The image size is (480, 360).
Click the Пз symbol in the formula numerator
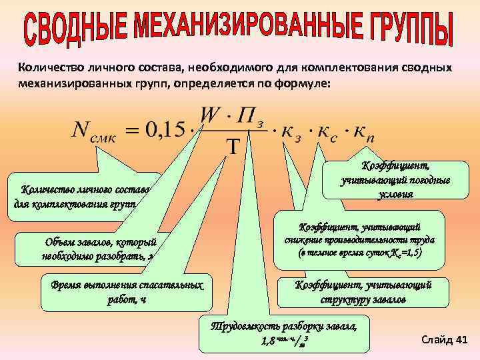coord(252,115)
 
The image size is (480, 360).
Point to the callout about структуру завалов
coord(363,292)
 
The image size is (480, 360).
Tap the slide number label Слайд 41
coord(445,340)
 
